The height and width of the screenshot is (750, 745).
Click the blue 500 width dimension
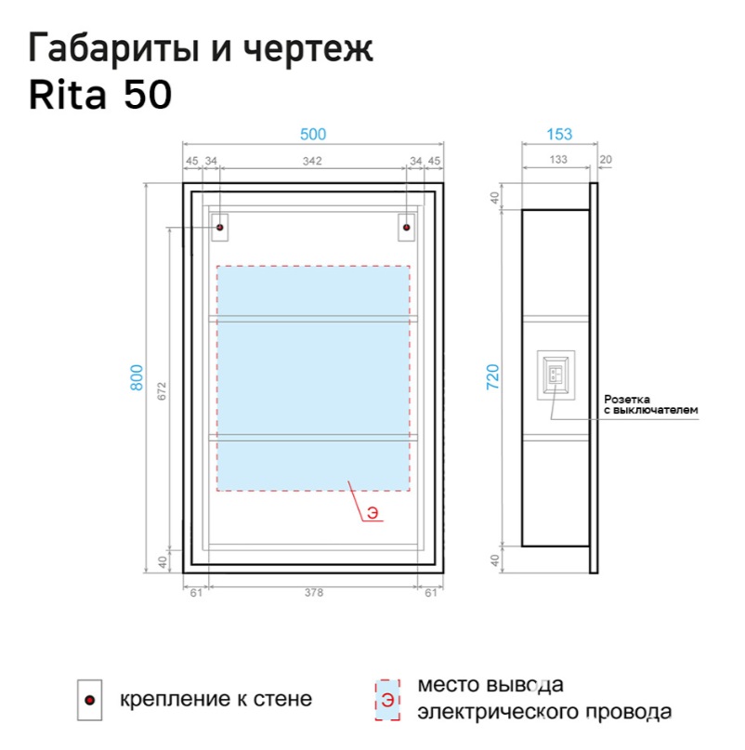tap(313, 134)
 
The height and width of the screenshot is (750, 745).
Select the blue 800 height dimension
tap(137, 376)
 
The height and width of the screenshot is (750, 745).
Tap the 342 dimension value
tap(312, 162)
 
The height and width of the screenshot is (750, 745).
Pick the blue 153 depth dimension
tap(559, 134)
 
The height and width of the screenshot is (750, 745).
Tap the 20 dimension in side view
tap(606, 161)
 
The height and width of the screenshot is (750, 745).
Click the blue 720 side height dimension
tap(494, 376)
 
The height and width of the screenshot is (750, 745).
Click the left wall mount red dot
tap(220, 226)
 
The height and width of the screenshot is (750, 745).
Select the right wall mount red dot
tap(406, 226)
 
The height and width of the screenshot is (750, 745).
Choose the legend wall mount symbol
tap(90, 700)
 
